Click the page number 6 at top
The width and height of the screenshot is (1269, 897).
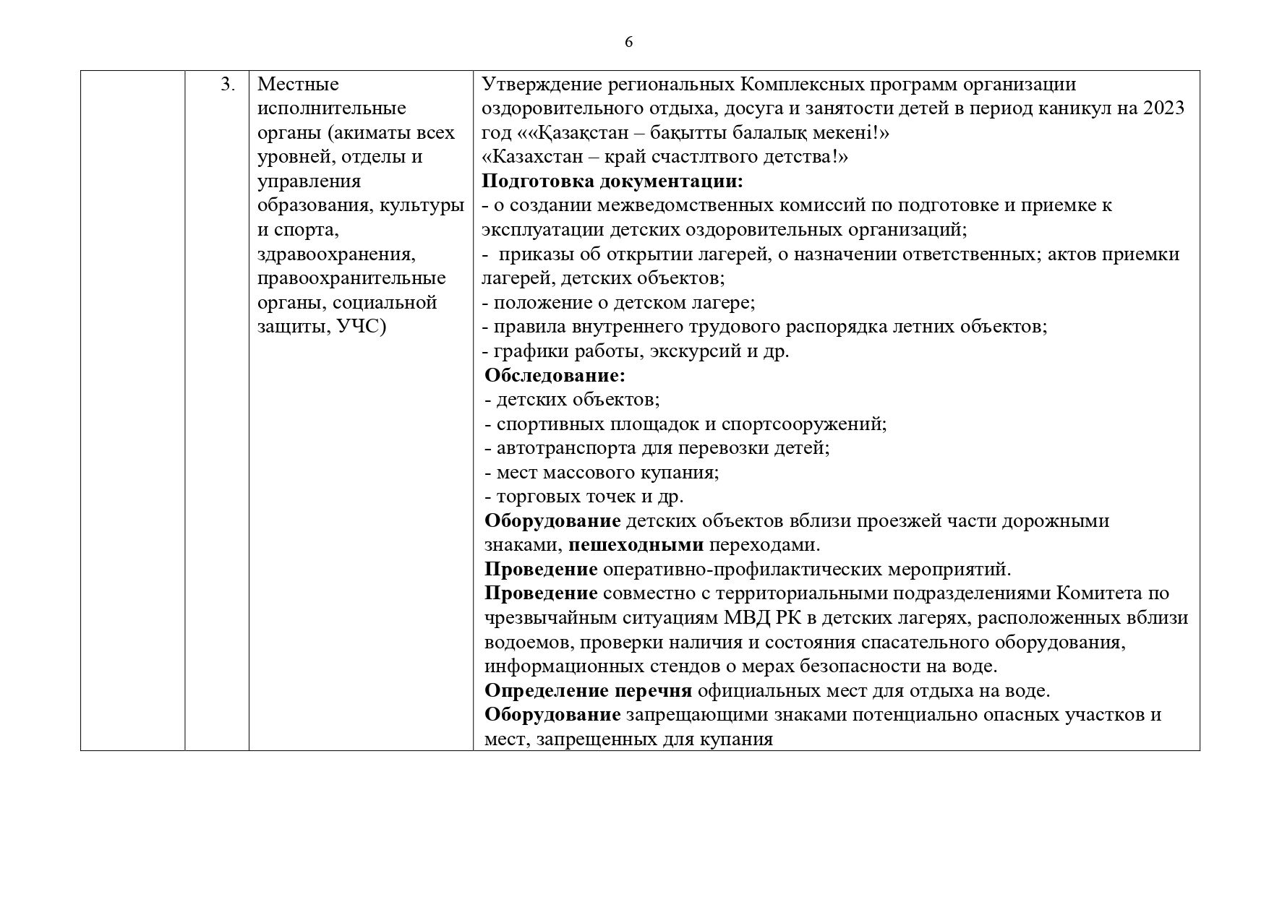click(628, 43)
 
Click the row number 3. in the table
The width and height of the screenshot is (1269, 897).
click(228, 85)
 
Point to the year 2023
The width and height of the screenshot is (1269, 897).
click(1163, 108)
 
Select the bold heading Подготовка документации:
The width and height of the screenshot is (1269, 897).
click(612, 181)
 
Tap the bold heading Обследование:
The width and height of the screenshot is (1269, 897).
click(555, 375)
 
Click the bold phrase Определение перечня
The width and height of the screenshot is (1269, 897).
click(588, 690)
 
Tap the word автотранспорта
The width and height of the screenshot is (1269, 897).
click(566, 448)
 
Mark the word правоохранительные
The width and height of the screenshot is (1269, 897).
click(351, 278)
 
